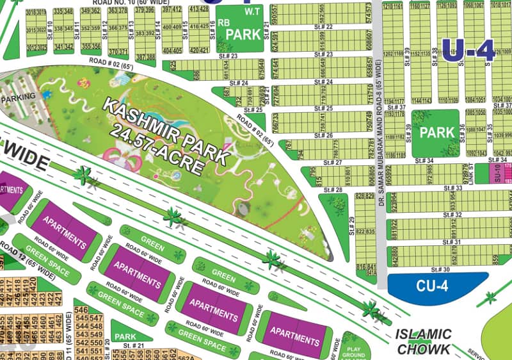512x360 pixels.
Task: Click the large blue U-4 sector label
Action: pos(469,51)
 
